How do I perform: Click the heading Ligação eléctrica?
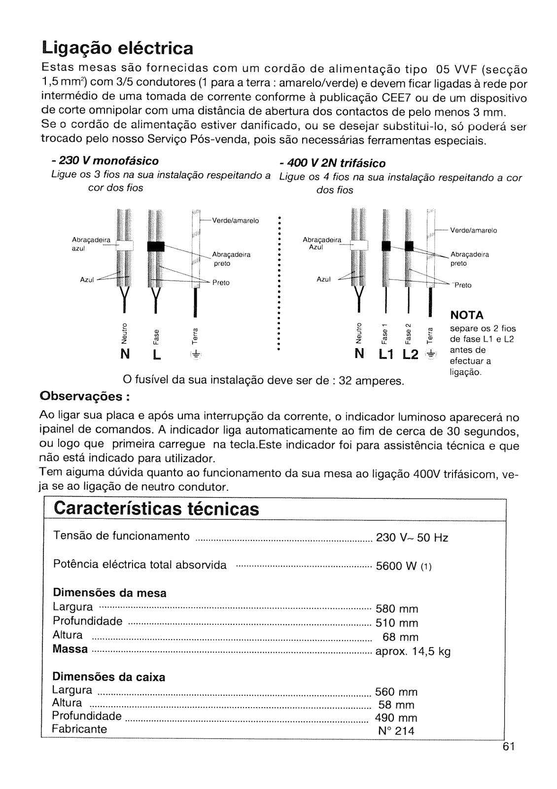point(117,48)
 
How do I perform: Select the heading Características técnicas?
point(157,508)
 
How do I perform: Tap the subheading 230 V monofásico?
point(104,161)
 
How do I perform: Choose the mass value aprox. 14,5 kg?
point(413,652)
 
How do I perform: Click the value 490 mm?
point(396,717)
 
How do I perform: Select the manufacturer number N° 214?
point(396,731)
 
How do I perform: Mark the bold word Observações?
point(84,396)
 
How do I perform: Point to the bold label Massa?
point(70,649)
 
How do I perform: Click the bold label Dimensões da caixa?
point(108,677)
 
